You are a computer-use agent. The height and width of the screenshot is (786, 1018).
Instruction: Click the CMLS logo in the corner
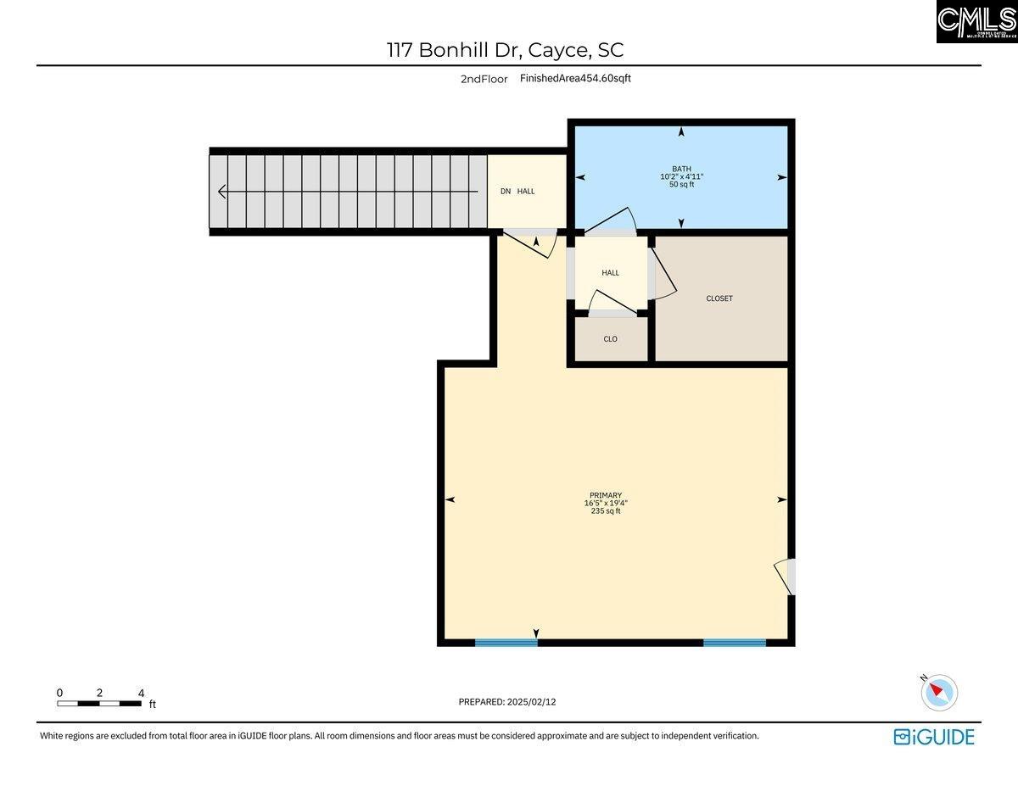pos(976,21)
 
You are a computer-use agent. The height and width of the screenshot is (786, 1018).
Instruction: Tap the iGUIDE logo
pos(933,736)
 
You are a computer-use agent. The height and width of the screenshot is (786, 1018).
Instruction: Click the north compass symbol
pos(938,692)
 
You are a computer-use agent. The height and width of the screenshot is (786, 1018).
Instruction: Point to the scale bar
pos(99,703)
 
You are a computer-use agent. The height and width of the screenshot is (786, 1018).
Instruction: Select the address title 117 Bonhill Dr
pos(505,50)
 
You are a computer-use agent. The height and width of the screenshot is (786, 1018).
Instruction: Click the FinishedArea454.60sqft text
pos(575,78)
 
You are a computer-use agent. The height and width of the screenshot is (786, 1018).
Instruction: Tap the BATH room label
pos(681,169)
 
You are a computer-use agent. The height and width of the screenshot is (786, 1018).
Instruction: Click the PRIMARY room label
pos(606,495)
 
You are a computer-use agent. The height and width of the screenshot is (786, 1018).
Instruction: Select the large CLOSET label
pos(719,298)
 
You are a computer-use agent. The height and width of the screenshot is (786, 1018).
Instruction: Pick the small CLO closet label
pos(610,339)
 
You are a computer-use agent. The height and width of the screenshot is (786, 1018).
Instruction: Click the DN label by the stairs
pos(506,192)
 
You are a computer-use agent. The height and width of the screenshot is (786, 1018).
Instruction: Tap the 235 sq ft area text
pos(606,511)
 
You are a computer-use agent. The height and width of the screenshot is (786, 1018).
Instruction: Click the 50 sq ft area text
pos(681,184)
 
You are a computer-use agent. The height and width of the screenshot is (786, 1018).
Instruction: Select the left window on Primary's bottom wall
pos(506,642)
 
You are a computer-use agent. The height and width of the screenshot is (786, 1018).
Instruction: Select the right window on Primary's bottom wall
pos(735,642)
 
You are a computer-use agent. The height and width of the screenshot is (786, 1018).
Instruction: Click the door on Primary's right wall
pos(786,577)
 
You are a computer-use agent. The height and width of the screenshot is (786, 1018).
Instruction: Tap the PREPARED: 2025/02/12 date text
pos(506,701)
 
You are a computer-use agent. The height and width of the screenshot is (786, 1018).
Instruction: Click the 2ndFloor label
pos(484,79)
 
